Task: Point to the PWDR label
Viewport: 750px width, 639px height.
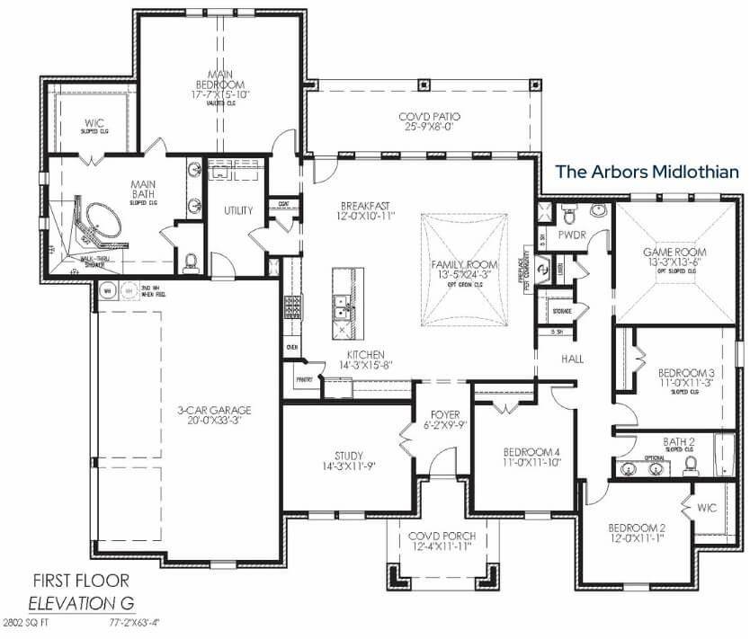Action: point(572,235)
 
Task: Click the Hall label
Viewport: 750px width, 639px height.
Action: point(573,359)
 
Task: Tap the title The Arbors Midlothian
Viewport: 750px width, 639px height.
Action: point(646,171)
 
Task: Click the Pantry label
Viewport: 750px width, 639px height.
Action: point(304,379)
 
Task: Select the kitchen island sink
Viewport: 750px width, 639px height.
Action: point(340,311)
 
